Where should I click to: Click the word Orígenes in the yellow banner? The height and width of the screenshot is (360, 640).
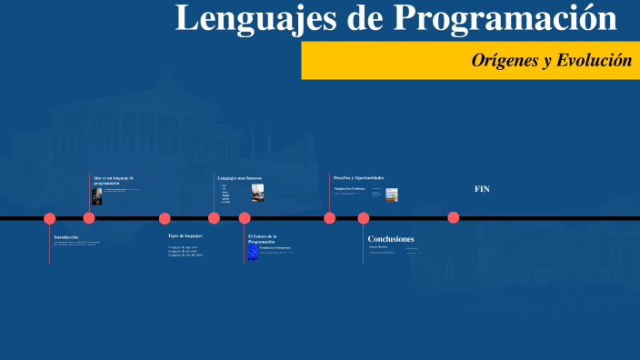pos(502,61)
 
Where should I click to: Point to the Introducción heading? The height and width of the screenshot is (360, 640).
pos(66,236)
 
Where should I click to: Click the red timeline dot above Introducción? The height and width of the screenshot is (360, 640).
pos(50,218)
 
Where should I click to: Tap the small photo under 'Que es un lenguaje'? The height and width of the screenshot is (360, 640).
pos(97,195)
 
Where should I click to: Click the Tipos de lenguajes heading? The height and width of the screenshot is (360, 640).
pos(185,235)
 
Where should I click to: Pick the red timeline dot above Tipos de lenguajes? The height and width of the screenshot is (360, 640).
pos(165,218)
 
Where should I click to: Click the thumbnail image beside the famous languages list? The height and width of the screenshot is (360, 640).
pos(257,192)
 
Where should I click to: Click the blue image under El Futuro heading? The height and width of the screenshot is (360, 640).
pos(253,252)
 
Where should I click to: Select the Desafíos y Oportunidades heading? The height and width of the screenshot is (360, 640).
pos(358,176)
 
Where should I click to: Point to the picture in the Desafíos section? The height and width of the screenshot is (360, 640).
pos(392,194)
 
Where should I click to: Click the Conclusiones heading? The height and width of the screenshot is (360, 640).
pos(391,239)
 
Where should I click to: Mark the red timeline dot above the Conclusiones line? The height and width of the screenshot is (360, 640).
pos(364,218)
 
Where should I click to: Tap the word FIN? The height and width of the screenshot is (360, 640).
pos(482,189)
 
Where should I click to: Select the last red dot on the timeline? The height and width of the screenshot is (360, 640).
pos(454,217)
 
